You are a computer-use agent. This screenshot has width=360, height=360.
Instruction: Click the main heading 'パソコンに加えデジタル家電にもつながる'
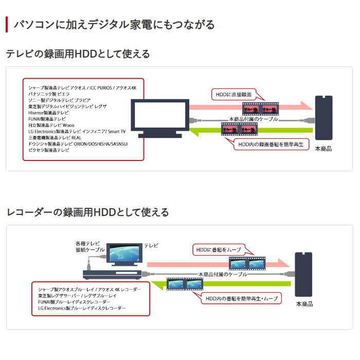click(114, 24)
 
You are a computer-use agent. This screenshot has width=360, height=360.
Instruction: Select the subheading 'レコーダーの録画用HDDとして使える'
click(87, 212)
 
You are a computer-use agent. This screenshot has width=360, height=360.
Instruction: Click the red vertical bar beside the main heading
click(7, 24)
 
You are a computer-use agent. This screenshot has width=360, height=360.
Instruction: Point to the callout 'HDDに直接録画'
click(234, 95)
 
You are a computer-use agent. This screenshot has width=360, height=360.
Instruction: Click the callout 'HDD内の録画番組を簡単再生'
click(272, 145)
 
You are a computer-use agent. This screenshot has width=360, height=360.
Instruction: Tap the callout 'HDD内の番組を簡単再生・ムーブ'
click(241, 298)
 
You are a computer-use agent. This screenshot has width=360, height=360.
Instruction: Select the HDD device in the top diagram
click(323, 118)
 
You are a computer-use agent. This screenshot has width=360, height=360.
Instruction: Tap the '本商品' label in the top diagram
click(323, 149)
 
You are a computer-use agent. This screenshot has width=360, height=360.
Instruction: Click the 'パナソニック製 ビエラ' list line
click(49, 95)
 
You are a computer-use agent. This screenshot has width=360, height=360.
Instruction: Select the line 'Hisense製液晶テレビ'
click(48, 113)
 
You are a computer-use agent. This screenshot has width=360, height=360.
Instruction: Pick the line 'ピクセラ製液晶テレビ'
click(49, 150)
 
